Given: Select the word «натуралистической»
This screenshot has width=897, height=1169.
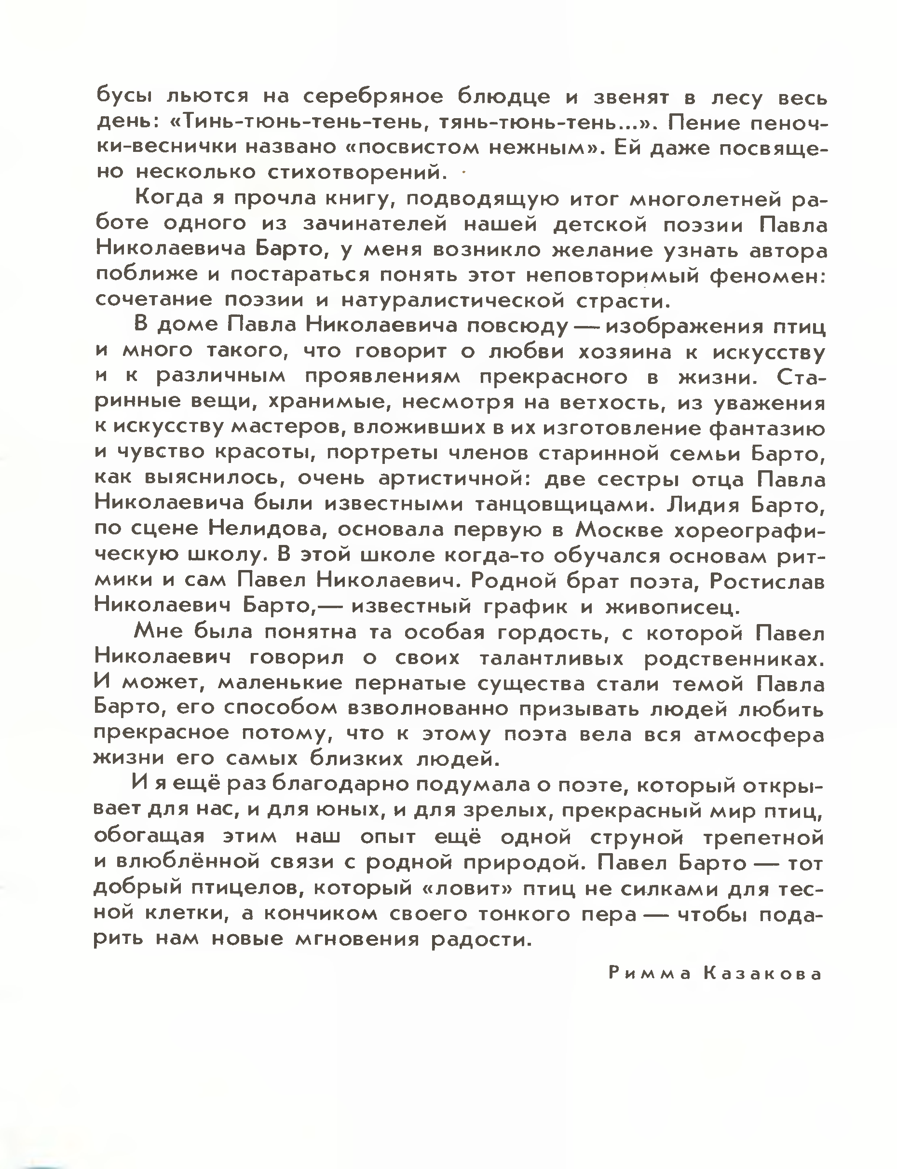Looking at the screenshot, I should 452,300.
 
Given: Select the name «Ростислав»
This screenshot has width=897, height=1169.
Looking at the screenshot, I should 767,581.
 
